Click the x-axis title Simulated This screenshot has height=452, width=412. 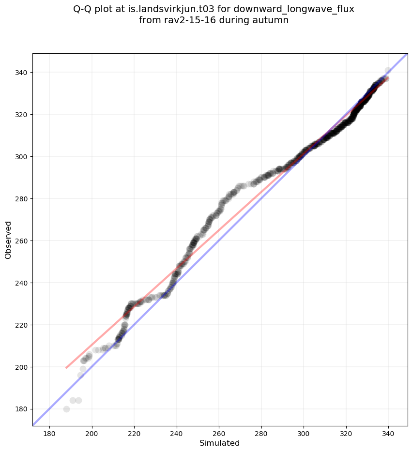tap(220, 443)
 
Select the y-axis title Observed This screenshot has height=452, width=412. tap(8, 240)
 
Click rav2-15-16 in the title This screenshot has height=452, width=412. tap(187, 20)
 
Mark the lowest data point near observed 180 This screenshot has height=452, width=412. tap(66, 409)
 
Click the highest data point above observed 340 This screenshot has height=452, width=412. tap(388, 71)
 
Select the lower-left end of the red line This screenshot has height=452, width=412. tap(66, 368)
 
